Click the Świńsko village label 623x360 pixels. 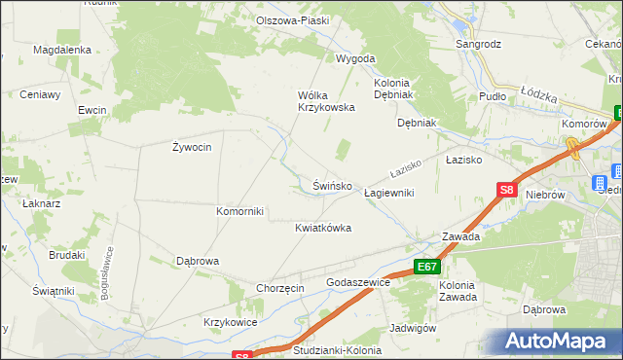click(339, 185)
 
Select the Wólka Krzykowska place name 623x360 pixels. click(325, 101)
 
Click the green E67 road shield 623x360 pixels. click(426, 266)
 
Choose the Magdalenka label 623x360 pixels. click(62, 50)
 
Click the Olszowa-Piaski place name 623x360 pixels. click(292, 20)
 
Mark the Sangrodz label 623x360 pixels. click(479, 44)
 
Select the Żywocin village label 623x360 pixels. click(192, 147)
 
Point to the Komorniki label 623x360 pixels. click(239, 211)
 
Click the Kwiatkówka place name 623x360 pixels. click(322, 228)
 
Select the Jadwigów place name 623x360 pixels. click(412, 328)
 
